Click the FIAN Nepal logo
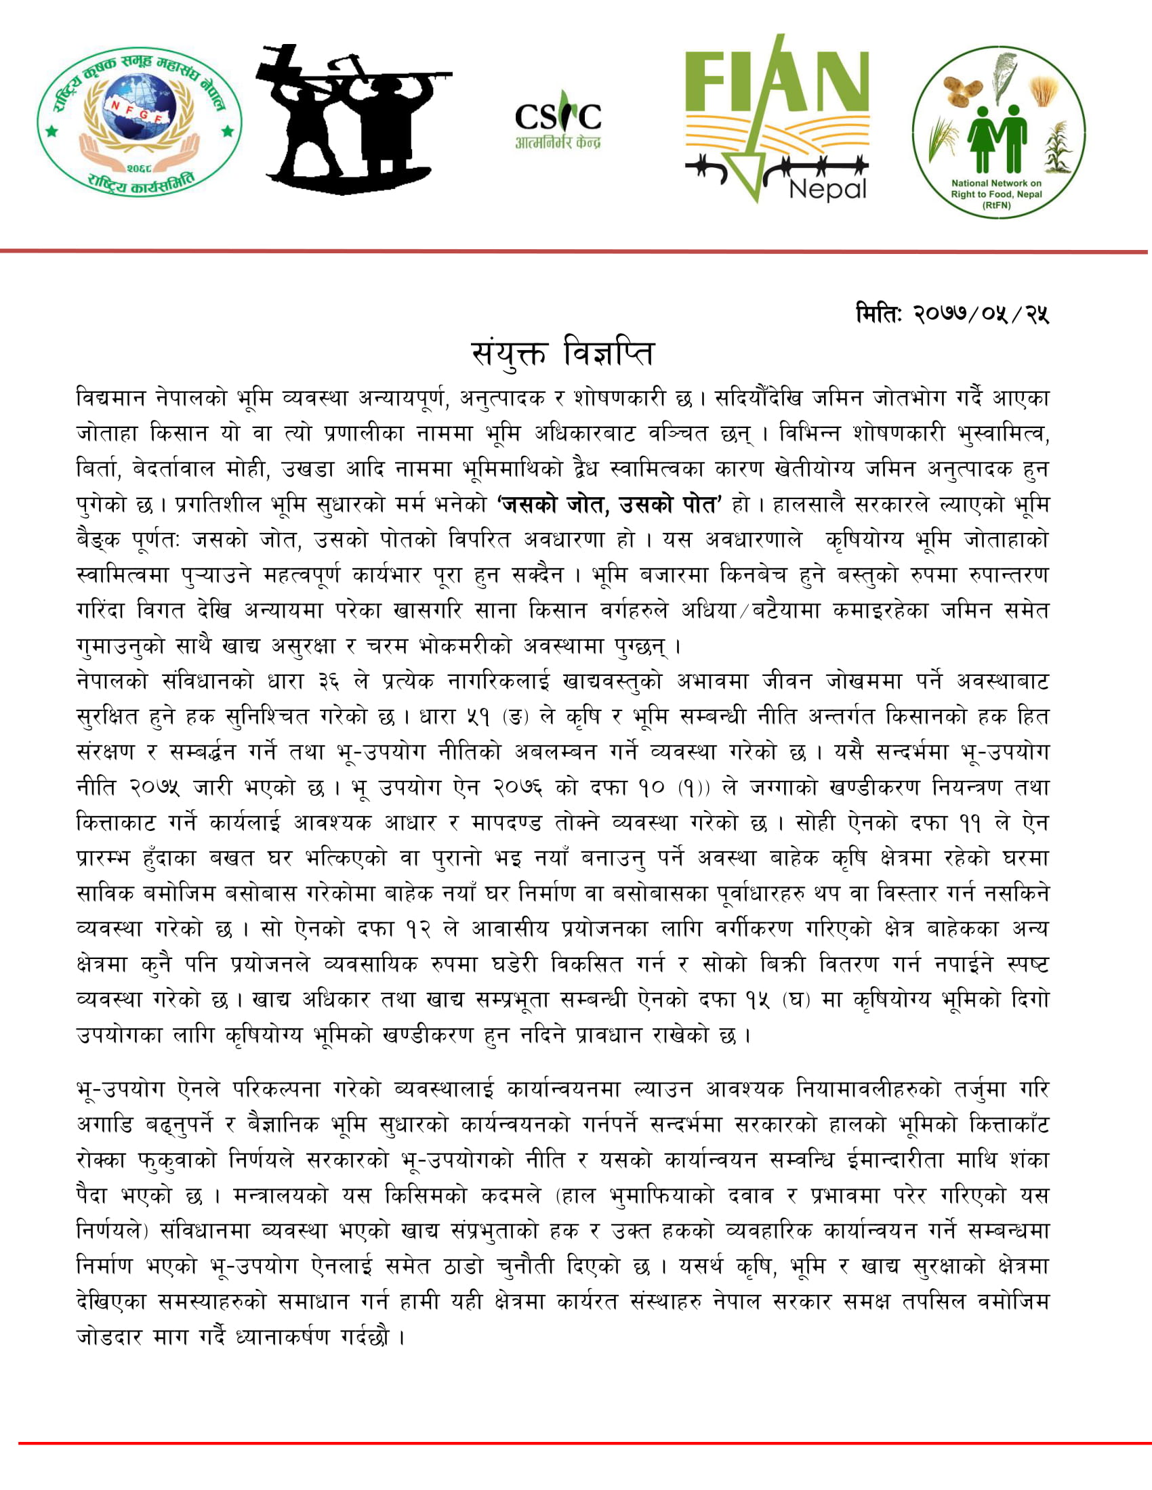click(777, 119)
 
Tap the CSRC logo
click(558, 119)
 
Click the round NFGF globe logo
click(140, 120)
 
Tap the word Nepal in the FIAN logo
click(828, 188)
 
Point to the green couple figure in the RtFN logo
click(997, 136)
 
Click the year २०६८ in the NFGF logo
click(140, 167)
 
